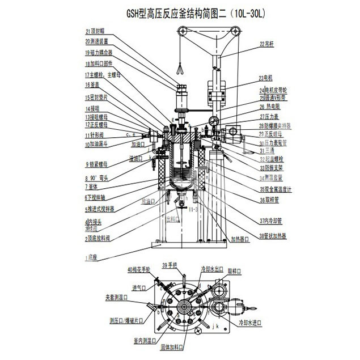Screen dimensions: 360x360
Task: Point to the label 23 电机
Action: [266, 77]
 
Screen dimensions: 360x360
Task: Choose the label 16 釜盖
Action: [92, 85]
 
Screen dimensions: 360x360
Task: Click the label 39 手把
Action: [170, 265]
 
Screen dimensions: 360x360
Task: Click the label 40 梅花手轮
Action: [139, 269]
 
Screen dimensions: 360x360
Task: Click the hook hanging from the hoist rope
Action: [179, 70]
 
